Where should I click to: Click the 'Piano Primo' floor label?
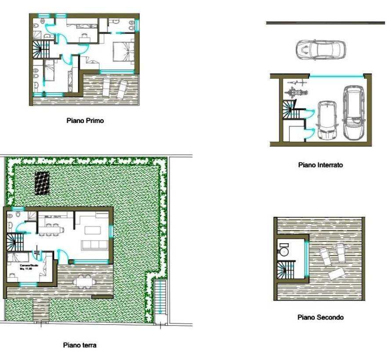85,120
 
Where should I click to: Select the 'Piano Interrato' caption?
320,165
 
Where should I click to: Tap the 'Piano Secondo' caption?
320,317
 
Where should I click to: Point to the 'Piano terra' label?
80,345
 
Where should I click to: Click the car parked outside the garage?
320,50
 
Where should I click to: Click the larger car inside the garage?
354,112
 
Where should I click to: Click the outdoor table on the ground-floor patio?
83,281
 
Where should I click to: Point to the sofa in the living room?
93,245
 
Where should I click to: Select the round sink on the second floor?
284,251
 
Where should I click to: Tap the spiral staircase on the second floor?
285,269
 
